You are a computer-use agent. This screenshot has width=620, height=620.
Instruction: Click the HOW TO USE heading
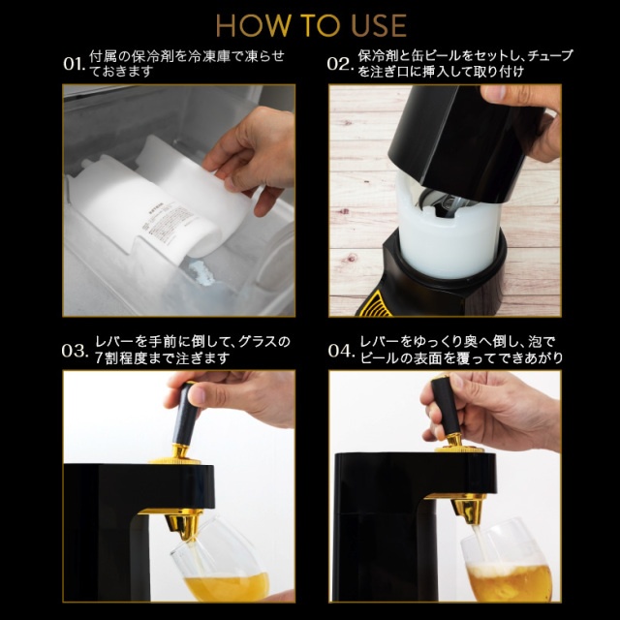tap(310, 24)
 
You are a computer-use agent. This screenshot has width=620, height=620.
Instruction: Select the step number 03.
tap(74, 351)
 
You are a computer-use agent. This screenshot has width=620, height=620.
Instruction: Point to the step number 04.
tap(339, 351)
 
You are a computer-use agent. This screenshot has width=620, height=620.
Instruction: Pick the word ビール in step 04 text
tap(381, 359)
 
